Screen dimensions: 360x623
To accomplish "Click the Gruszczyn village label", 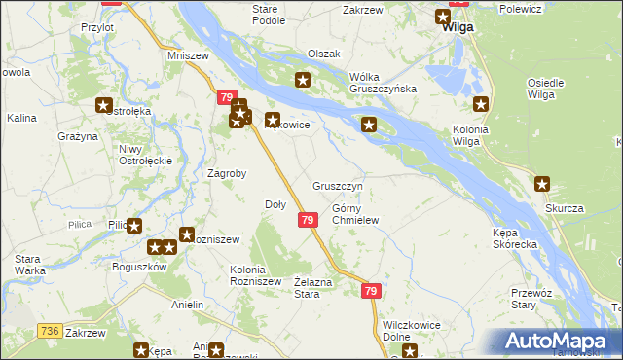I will [x=338, y=186].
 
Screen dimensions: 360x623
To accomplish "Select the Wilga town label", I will [x=457, y=28].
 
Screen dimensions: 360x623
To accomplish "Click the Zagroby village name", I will [x=227, y=174].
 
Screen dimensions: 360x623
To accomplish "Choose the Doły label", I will [x=275, y=204].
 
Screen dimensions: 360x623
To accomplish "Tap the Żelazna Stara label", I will [x=307, y=287].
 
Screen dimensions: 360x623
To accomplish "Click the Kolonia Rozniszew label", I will [x=255, y=275].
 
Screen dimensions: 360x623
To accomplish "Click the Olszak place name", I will [x=323, y=54].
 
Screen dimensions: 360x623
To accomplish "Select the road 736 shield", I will [x=49, y=331].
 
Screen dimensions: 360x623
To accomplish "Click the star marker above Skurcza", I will [x=542, y=182].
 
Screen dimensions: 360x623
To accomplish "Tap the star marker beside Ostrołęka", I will [x=104, y=105].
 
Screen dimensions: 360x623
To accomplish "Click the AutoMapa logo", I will [x=559, y=341].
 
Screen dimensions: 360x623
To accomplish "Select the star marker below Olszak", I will [x=303, y=80].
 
